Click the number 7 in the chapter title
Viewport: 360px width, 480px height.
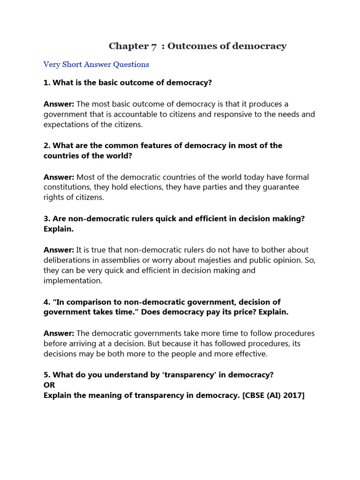[154, 46]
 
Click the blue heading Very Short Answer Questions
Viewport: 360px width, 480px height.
[96, 64]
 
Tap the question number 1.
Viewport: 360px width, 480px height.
[46, 82]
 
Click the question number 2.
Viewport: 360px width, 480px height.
[46, 145]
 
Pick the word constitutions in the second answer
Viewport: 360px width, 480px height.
[67, 187]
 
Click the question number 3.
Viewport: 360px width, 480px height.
[46, 219]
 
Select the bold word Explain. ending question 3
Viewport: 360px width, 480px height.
[59, 229]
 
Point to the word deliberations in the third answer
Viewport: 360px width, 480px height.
[67, 260]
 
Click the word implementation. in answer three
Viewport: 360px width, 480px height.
[73, 280]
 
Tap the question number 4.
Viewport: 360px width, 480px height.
[46, 302]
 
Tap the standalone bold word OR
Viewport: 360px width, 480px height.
[49, 385]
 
